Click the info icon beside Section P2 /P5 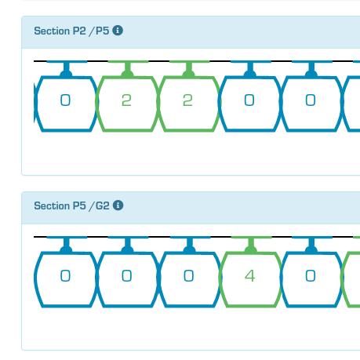pyautogui.click(x=118, y=31)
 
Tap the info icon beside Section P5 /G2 pyautogui.click(x=118, y=205)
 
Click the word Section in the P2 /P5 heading pyautogui.click(x=52, y=31)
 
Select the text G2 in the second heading pyautogui.click(x=103, y=205)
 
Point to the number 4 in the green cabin pyautogui.click(x=250, y=276)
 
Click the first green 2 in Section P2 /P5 pyautogui.click(x=126, y=100)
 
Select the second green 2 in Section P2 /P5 pyautogui.click(x=187, y=100)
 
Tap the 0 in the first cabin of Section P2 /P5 pyautogui.click(x=65, y=100)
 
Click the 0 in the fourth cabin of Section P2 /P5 pyautogui.click(x=249, y=100)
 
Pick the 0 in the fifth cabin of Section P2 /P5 pyautogui.click(x=311, y=100)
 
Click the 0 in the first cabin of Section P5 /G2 pyautogui.click(x=65, y=276)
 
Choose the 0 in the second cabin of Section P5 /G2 pyautogui.click(x=127, y=276)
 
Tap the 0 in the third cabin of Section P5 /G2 pyautogui.click(x=188, y=276)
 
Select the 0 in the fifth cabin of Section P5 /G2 pyautogui.click(x=311, y=276)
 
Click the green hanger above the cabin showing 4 pyautogui.click(x=251, y=245)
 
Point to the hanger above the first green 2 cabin pyautogui.click(x=128, y=69)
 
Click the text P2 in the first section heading pyautogui.click(x=79, y=31)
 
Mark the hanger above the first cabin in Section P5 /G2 pyautogui.click(x=67, y=245)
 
